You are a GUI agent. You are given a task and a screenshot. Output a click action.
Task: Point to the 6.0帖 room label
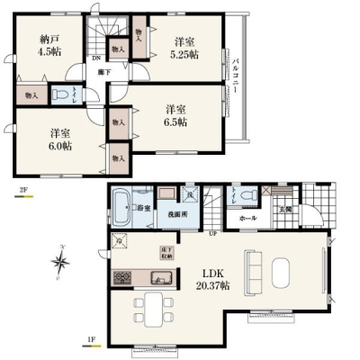click(x=61, y=140)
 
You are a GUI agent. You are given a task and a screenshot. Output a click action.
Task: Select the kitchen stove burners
click(x=121, y=276)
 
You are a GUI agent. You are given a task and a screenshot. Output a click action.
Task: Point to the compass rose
click(x=62, y=263)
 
